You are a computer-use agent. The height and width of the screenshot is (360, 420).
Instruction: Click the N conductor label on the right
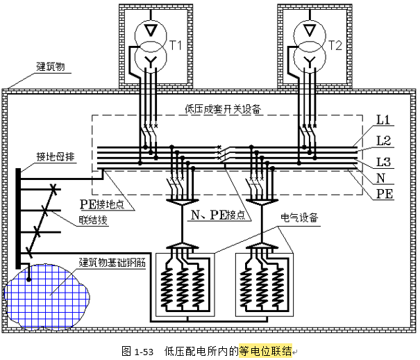coord(380,178)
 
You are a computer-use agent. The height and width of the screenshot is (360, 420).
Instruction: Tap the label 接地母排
coord(56,156)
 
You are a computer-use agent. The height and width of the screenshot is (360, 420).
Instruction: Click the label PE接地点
coord(103,204)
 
